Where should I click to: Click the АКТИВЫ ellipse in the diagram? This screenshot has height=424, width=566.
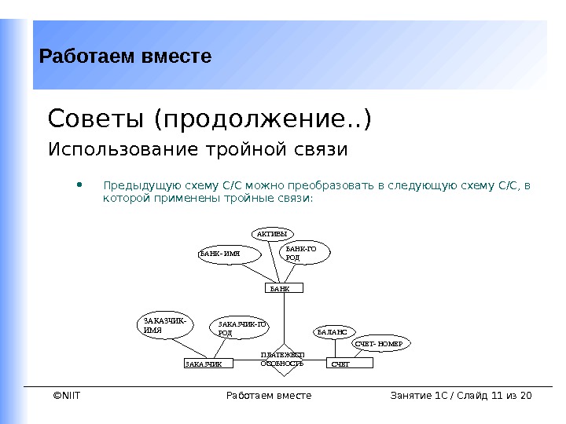272,233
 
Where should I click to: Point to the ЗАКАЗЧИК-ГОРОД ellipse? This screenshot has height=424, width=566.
242,327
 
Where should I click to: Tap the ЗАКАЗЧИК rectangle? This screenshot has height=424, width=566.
209,364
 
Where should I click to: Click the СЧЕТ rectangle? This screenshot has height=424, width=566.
349,364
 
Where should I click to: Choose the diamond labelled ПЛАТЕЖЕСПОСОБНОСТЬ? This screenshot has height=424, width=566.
282,360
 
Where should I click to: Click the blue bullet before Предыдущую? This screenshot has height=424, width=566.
79,186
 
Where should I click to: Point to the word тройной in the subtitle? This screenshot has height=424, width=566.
242,149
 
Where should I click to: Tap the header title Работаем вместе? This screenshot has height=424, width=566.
125,57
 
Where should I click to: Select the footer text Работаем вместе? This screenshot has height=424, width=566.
268,395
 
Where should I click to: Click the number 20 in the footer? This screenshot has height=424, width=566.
526,395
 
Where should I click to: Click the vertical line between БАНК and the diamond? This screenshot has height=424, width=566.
284,318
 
